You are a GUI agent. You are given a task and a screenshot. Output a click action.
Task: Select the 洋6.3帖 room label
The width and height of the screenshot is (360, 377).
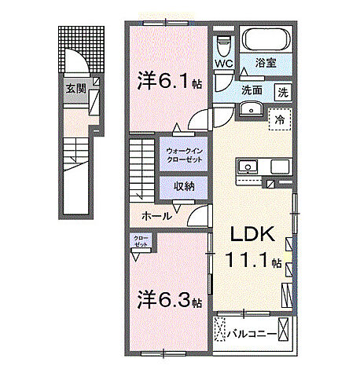point(169,301)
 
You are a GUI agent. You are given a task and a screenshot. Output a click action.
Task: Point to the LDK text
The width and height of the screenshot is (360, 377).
point(252,233)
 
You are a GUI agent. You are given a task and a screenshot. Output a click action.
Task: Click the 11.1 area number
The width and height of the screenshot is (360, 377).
point(245,260)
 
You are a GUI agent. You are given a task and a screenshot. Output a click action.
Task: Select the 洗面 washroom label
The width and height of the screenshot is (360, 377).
point(252,90)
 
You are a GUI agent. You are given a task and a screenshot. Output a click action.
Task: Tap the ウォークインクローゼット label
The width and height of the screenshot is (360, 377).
point(183,155)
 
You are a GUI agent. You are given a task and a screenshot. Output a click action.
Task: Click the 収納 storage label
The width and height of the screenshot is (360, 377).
point(183,185)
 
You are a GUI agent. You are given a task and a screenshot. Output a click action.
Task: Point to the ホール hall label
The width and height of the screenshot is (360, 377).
point(157,214)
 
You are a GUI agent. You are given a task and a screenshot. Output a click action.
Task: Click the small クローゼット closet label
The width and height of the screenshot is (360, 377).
point(140,242)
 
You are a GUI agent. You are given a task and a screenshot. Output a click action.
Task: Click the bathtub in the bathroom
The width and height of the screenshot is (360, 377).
point(264,40)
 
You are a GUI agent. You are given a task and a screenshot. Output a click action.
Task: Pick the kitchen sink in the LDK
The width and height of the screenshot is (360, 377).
point(246,167)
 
